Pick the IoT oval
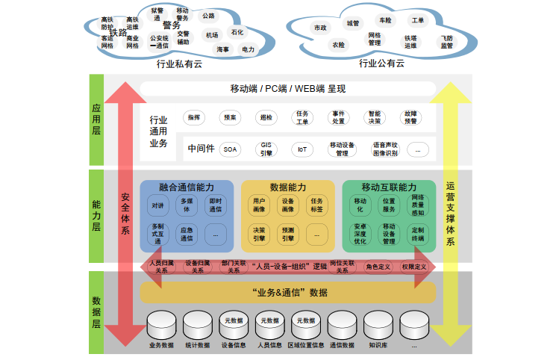click(x=302, y=149)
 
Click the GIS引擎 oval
click(x=266, y=149)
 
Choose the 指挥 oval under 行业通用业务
click(x=194, y=117)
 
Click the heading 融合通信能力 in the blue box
click(x=186, y=186)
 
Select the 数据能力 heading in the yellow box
click(x=287, y=186)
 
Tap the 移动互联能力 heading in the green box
click(x=388, y=186)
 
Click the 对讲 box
click(x=157, y=205)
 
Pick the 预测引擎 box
click(x=287, y=235)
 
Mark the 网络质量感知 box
click(x=418, y=205)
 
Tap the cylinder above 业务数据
click(x=162, y=326)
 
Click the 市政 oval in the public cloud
click(x=320, y=28)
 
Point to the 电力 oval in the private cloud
click(x=249, y=49)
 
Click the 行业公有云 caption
click(x=381, y=63)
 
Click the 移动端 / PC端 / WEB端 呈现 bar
click(x=287, y=89)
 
